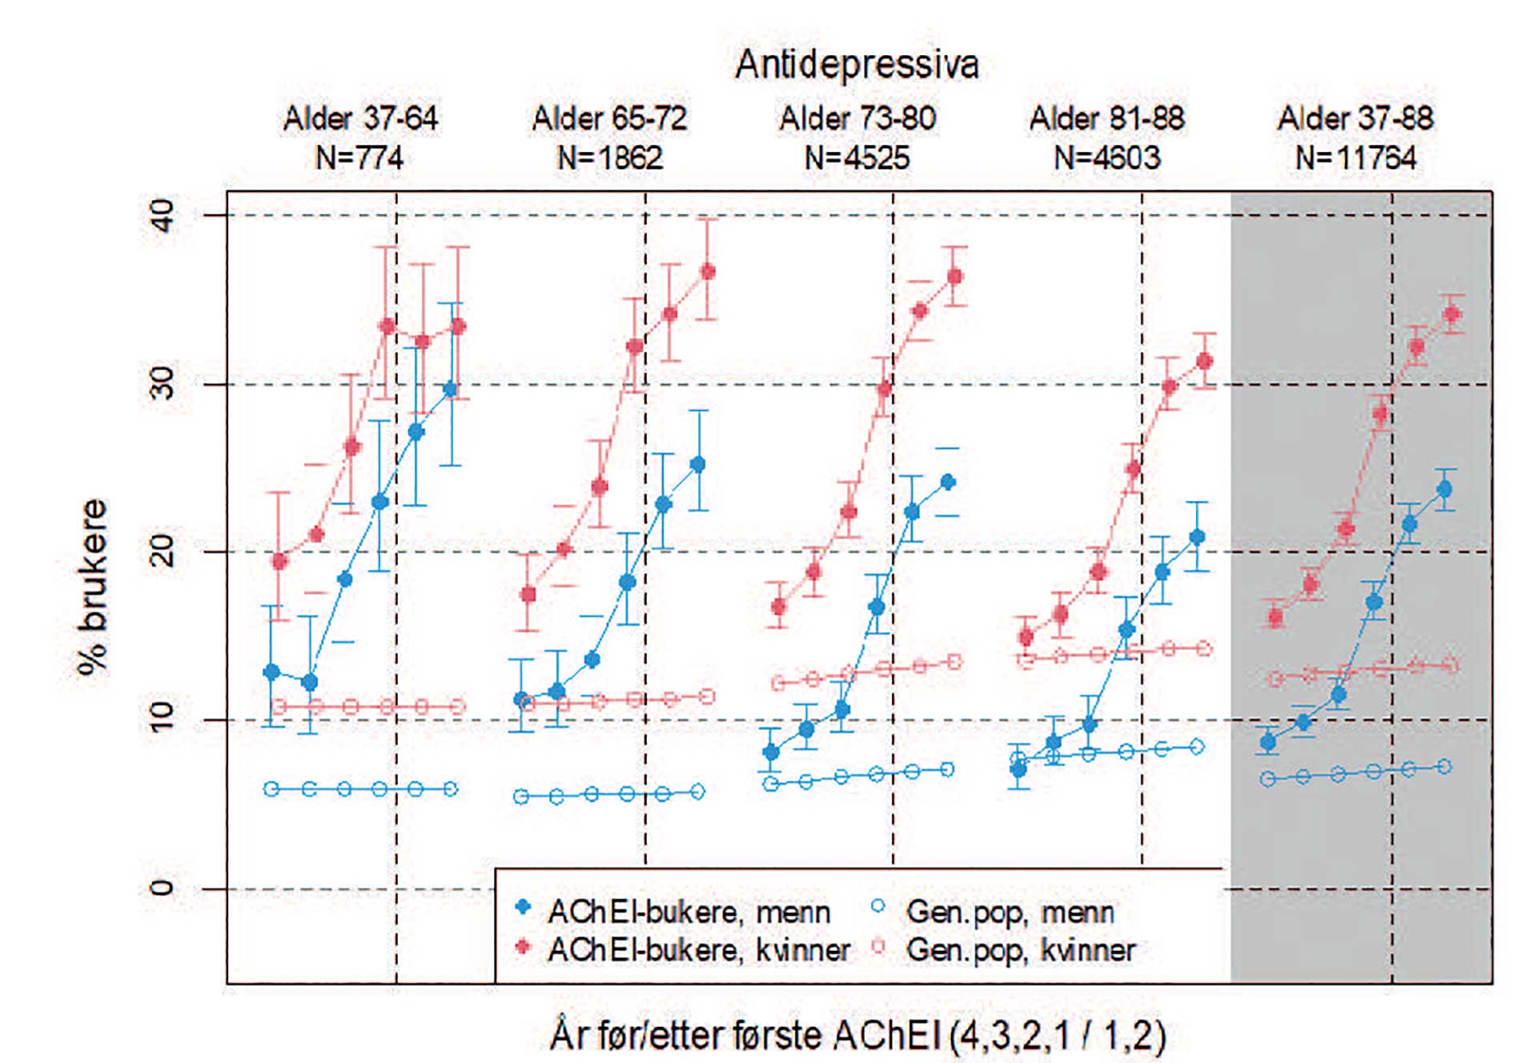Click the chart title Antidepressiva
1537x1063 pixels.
pyautogui.click(x=857, y=65)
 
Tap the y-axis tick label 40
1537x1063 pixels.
pyautogui.click(x=163, y=215)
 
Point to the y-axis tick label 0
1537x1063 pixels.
pyautogui.click(x=163, y=888)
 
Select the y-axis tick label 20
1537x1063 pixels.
pyautogui.click(x=163, y=552)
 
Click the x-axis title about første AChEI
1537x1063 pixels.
pyautogui.click(x=857, y=1035)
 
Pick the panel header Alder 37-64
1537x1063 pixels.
pyautogui.click(x=360, y=118)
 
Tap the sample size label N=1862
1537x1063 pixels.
pyautogui.click(x=609, y=158)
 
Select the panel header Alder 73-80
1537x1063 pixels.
pyautogui.click(x=857, y=118)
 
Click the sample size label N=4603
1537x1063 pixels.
pyautogui.click(x=1106, y=158)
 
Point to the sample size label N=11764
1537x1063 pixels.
pyautogui.click(x=1355, y=158)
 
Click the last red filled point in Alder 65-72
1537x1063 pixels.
pyautogui.click(x=708, y=272)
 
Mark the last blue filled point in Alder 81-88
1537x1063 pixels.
pyautogui.click(x=1197, y=537)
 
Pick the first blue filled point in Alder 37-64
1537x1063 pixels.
pyautogui.click(x=272, y=672)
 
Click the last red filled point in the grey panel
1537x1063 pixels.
pyautogui.click(x=1452, y=315)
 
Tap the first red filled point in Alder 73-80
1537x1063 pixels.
pyautogui.click(x=778, y=608)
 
